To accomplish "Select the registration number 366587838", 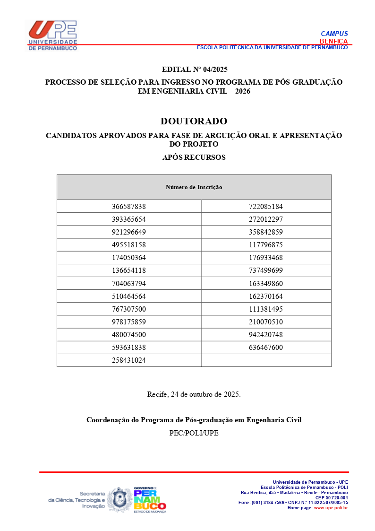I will (129, 207).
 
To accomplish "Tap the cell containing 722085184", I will (266, 207).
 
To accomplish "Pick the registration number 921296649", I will (129, 232).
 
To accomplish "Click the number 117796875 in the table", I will (266, 245).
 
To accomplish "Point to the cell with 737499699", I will (266, 270).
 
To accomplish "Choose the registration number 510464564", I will (129, 296).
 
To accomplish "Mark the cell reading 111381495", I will (266, 309).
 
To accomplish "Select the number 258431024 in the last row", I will (129, 360).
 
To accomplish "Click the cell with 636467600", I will (266, 348).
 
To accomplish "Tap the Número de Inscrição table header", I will (194, 187).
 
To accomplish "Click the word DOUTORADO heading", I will (194, 121).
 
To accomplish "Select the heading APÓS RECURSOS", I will (194, 157).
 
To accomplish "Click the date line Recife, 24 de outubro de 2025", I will (194, 394).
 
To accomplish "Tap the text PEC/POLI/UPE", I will (194, 433).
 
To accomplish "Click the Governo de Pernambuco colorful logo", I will (149, 499).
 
